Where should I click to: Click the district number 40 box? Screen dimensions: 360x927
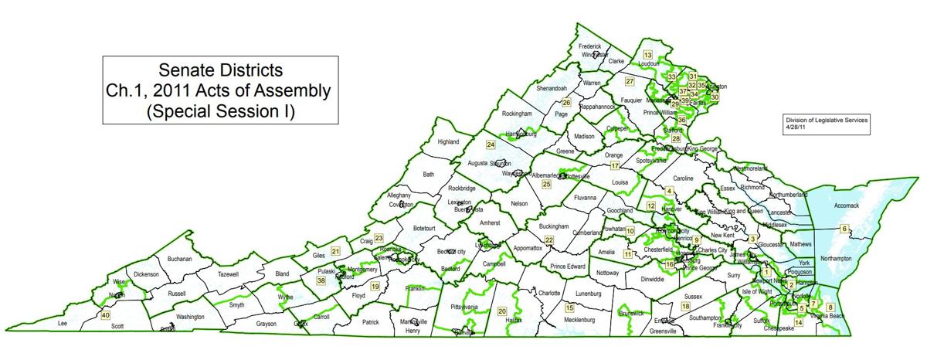click(x=105, y=315)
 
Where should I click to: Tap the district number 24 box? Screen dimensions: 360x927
click(x=490, y=144)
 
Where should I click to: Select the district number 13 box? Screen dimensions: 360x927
click(x=647, y=54)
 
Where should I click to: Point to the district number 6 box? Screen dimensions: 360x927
click(x=844, y=229)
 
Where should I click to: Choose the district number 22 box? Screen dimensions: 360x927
click(x=549, y=240)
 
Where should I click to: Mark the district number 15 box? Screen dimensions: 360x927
click(x=569, y=307)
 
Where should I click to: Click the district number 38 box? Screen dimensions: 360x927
click(x=321, y=281)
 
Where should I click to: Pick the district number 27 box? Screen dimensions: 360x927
click(x=630, y=81)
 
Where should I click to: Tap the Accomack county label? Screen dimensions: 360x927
click(x=851, y=206)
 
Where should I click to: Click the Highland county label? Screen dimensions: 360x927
click(x=448, y=142)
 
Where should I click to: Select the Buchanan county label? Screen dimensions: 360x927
click(x=178, y=259)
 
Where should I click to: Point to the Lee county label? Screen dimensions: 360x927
click(x=63, y=324)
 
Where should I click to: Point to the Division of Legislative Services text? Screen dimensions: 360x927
click(x=827, y=121)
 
